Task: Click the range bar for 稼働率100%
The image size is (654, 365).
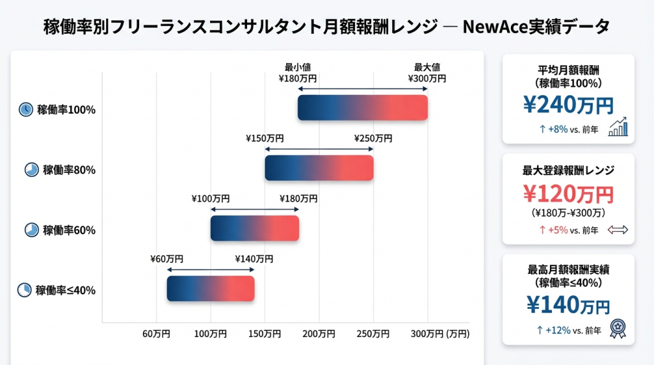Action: coord(362,107)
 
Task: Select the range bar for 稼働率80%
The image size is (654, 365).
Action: coord(319,167)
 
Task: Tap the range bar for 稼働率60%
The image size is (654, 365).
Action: coord(255,228)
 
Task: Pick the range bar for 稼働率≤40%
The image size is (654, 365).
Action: coord(211,288)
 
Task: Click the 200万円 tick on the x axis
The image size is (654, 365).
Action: coord(319,334)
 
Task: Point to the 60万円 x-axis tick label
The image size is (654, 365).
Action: coord(156,334)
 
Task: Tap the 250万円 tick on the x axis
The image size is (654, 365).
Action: coord(373,334)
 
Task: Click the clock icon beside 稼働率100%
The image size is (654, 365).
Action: coord(26,109)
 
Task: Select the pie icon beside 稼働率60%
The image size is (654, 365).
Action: coord(31,230)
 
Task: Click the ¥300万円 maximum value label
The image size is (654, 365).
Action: coord(427,78)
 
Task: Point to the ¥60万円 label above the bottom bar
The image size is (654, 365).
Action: coord(167,259)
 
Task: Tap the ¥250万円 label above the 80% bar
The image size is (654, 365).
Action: coord(373,138)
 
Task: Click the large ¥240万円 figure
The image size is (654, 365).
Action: coord(568,105)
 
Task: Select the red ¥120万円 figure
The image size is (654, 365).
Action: coord(568,193)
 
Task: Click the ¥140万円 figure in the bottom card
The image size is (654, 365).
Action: coord(568,305)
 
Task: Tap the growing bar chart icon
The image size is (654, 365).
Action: coord(618,128)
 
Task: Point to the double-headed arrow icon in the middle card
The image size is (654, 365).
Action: coord(618,230)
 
